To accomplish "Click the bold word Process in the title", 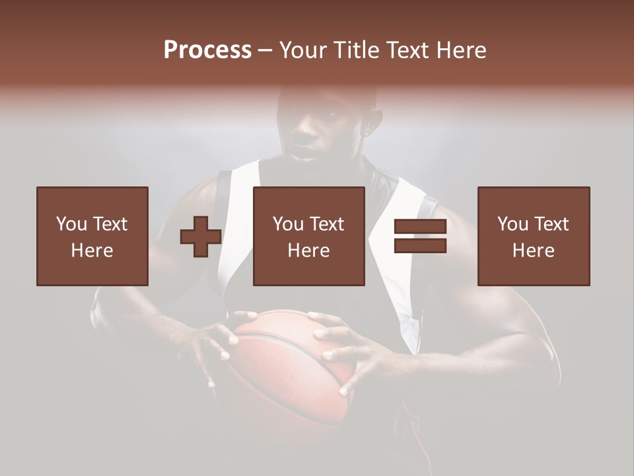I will pos(207,50).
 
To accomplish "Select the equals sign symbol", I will pos(420,237).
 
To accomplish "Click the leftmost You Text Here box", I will pos(92,237).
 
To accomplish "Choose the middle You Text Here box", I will pos(309,237).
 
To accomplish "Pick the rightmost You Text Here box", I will pos(534,237).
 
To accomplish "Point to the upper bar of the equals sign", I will pos(420,227).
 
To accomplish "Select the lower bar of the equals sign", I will pos(420,245).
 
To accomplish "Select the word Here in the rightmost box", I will pos(534,251).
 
